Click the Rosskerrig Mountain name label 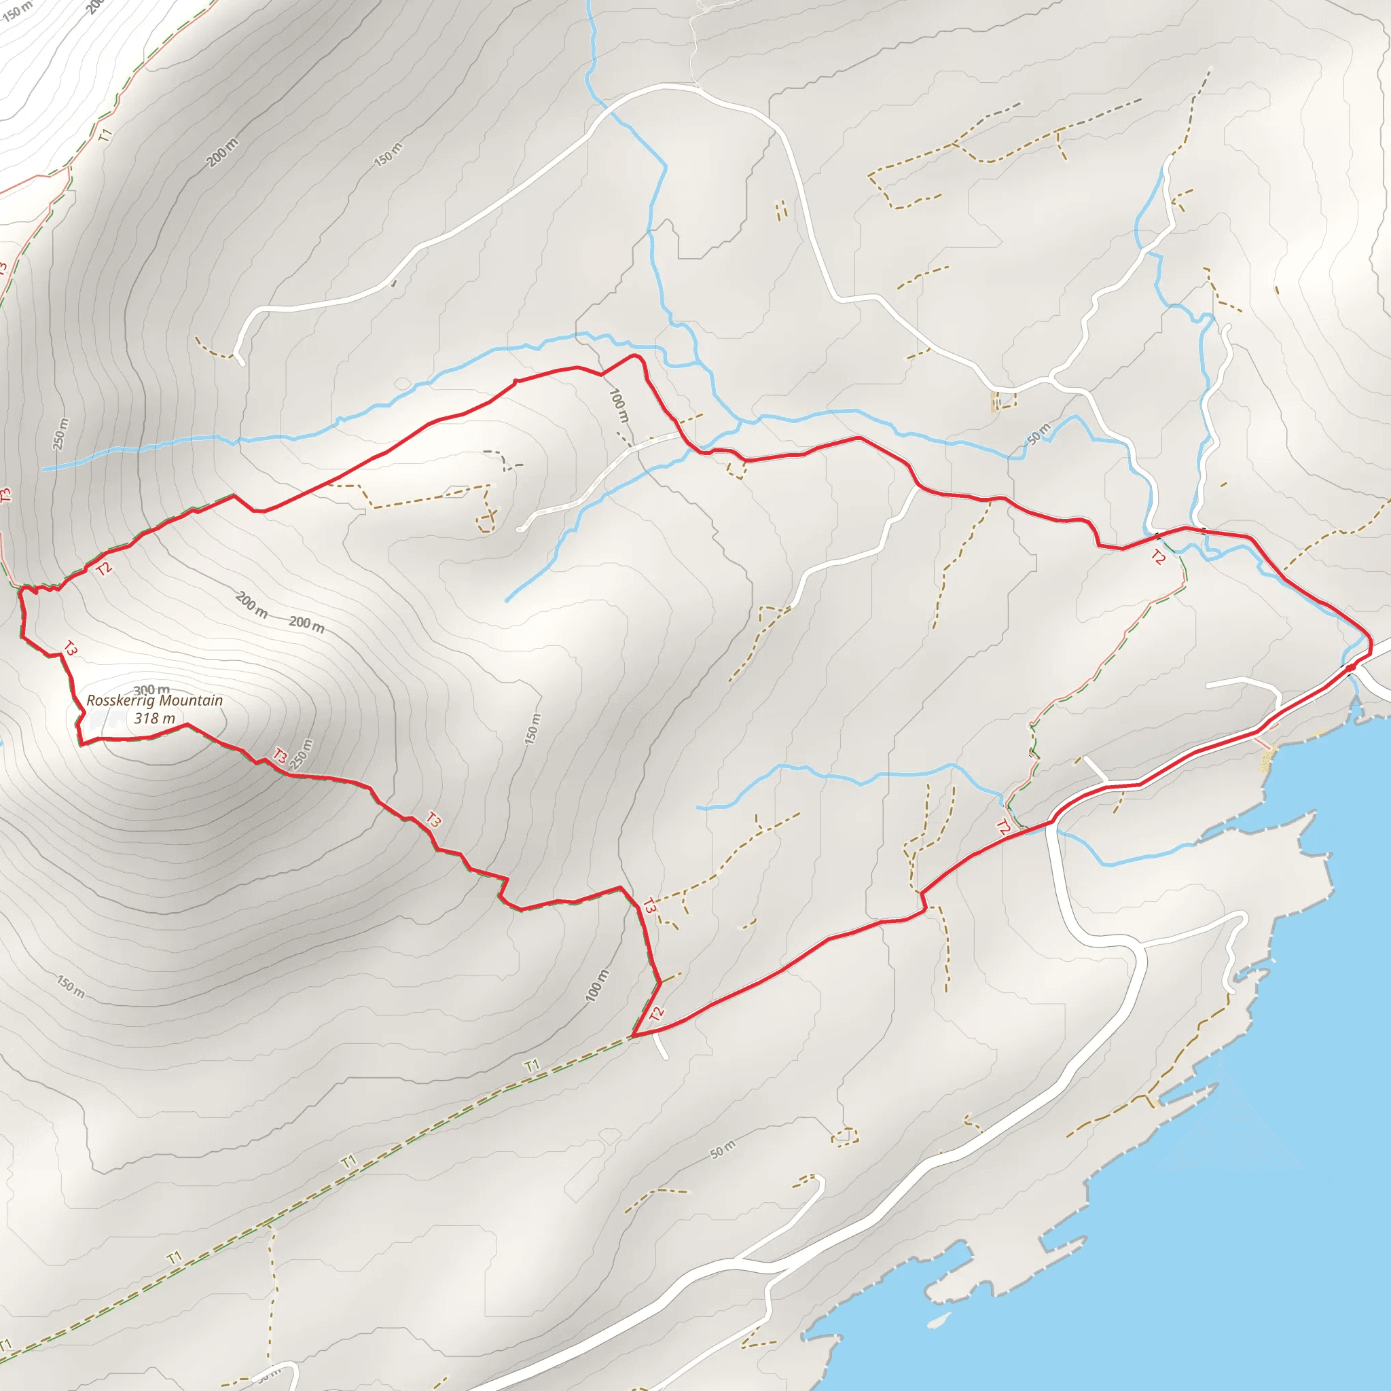pyautogui.click(x=154, y=700)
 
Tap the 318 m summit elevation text pyautogui.click(x=154, y=719)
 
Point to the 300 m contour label pyautogui.click(x=151, y=690)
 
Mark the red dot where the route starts pyautogui.click(x=1350, y=668)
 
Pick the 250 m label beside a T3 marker pyautogui.click(x=303, y=755)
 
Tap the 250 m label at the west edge pyautogui.click(x=61, y=434)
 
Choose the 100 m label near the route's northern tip pyautogui.click(x=619, y=405)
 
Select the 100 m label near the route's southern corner pyautogui.click(x=597, y=986)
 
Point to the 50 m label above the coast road pyautogui.click(x=723, y=1150)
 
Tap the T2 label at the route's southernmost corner pyautogui.click(x=656, y=1015)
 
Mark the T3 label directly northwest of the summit pyautogui.click(x=69, y=648)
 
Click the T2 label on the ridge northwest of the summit pyautogui.click(x=105, y=568)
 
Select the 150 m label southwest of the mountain pyautogui.click(x=71, y=987)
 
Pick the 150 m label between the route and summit pyautogui.click(x=531, y=729)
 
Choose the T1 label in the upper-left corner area pyautogui.click(x=106, y=134)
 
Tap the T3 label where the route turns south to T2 pyautogui.click(x=649, y=907)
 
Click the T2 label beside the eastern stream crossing pyautogui.click(x=1157, y=557)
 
